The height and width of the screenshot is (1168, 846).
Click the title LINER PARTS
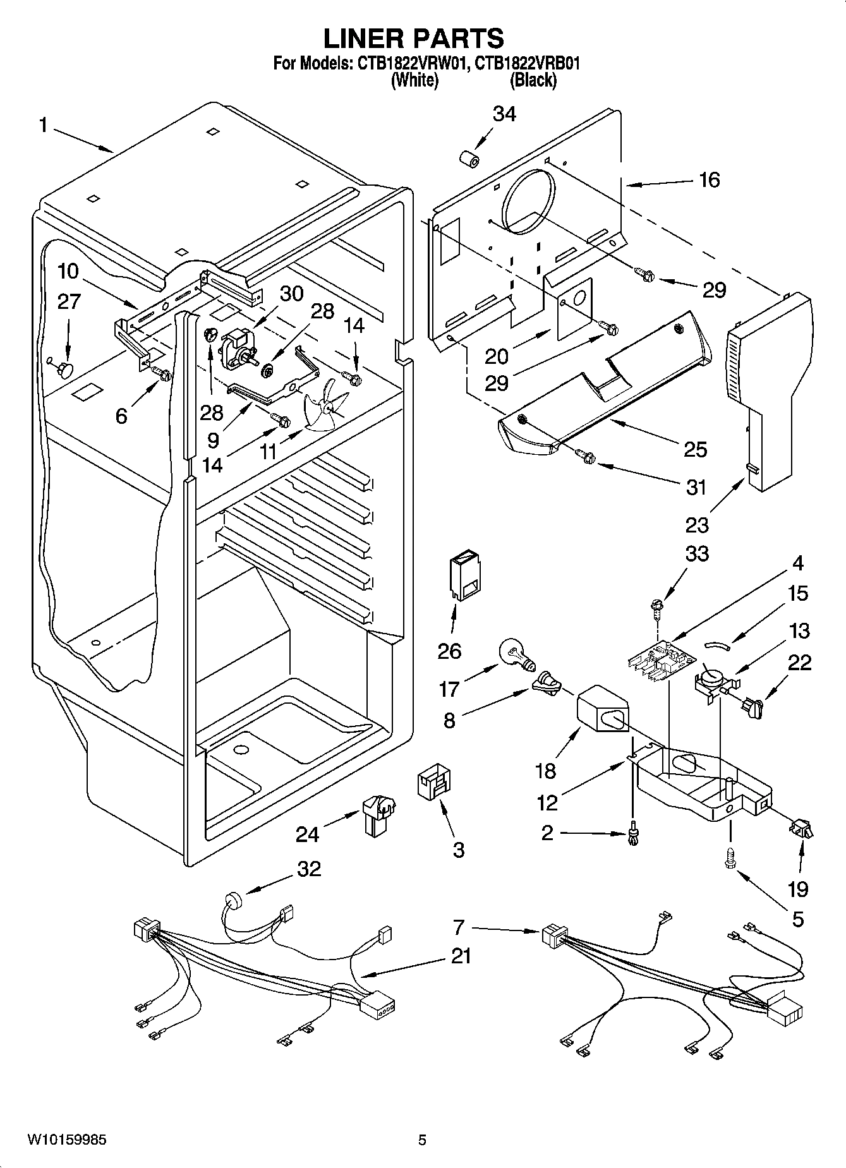click(x=414, y=39)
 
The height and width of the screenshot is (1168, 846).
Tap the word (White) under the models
click(x=414, y=81)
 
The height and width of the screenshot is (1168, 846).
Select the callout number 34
click(x=504, y=114)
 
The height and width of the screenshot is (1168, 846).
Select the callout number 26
click(x=449, y=651)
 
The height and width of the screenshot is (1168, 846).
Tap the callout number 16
click(x=710, y=180)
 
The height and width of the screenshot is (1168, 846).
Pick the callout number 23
click(x=696, y=524)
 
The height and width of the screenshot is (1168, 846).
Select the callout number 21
click(x=461, y=956)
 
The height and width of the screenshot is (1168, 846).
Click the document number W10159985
click(x=66, y=1140)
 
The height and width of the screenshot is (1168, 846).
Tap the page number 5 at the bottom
click(x=422, y=1140)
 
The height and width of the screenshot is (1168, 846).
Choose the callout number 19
click(x=798, y=889)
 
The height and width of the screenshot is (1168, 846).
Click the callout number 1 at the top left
click(x=43, y=125)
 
